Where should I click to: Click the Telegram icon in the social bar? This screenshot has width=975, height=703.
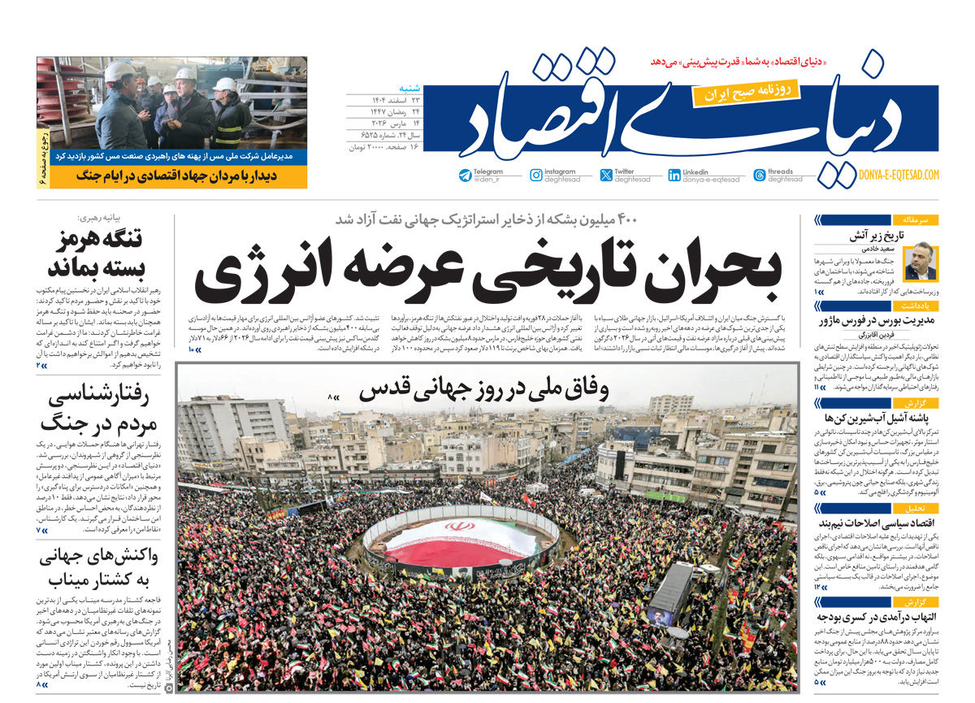coord(465,176)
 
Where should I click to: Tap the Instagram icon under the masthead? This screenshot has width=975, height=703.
coord(536,176)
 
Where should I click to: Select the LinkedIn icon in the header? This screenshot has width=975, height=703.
coord(674,176)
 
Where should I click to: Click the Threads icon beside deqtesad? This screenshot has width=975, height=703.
coord(760,176)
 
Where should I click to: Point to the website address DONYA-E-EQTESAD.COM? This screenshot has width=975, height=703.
coord(898,175)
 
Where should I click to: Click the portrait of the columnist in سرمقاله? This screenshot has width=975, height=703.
coord(920,261)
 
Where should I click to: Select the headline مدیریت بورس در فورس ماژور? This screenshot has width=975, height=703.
coord(877,320)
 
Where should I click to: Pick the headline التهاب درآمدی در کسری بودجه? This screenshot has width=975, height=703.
coord(878,618)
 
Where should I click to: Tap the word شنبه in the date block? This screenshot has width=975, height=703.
coord(408,88)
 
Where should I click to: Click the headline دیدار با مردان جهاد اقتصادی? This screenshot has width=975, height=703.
coord(179,174)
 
